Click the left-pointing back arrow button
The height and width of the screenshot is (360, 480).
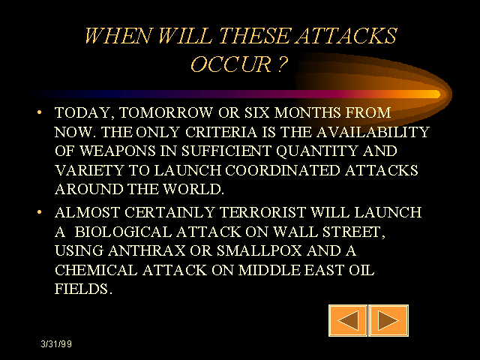[x=348, y=320]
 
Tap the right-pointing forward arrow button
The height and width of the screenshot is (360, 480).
[x=388, y=320]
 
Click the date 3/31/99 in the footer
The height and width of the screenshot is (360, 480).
[x=56, y=344]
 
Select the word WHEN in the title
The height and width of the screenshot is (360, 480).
[x=118, y=35]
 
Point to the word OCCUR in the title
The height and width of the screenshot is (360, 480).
[x=232, y=64]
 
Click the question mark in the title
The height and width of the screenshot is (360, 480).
[x=283, y=64]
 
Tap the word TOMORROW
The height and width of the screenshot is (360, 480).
[x=166, y=112]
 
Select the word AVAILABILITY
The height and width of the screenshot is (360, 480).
[x=373, y=132]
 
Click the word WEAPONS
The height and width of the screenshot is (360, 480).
[x=118, y=151]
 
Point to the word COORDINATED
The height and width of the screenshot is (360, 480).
[x=283, y=170]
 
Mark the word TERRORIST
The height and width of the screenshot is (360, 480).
[x=262, y=212]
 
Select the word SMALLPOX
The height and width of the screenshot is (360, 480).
[x=259, y=250]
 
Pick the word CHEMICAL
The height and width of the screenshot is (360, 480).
[x=96, y=270]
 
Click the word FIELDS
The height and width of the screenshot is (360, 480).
[x=82, y=289]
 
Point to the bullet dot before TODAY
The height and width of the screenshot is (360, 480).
[x=39, y=112]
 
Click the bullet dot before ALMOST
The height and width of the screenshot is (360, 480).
[x=39, y=211]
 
